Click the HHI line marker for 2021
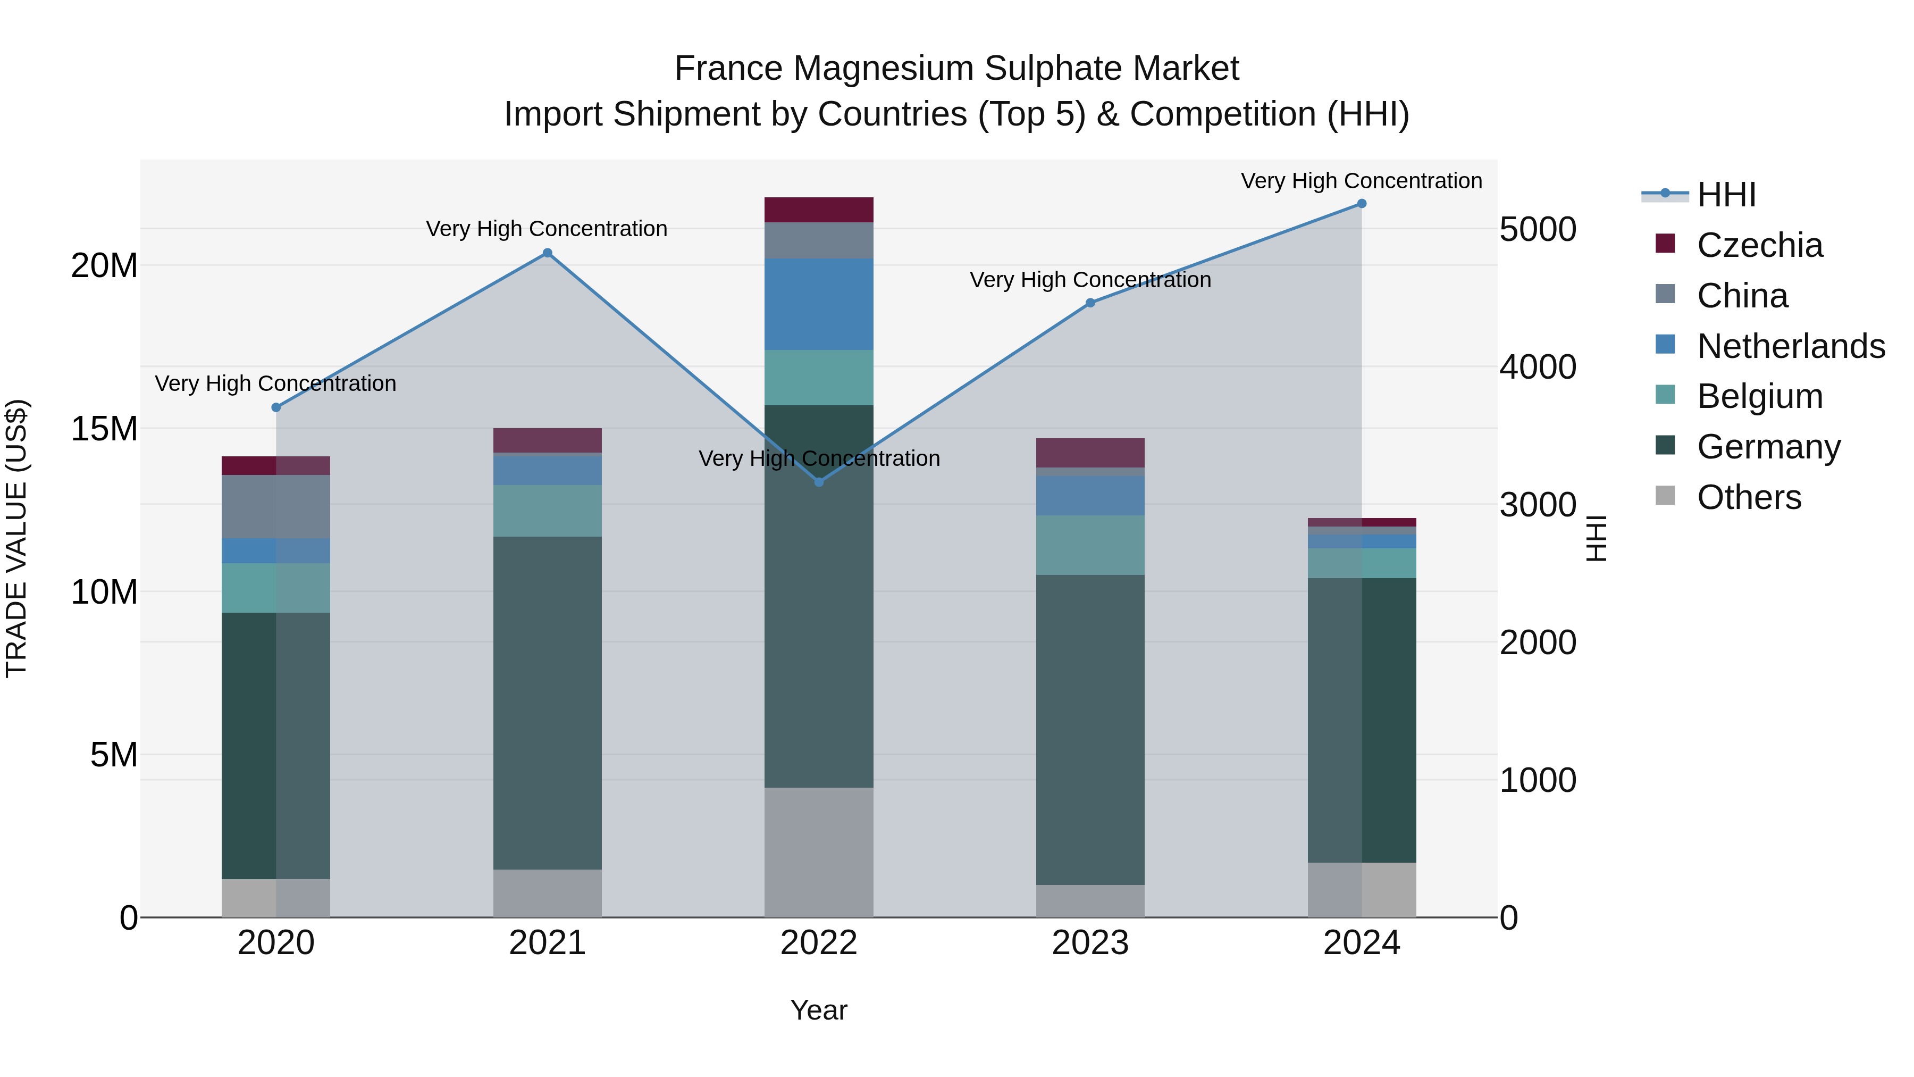548,253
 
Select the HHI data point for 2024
1361,204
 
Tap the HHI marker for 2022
819,482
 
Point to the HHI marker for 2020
276,407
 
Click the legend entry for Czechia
1759,245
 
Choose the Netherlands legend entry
1791,346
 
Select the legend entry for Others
1749,497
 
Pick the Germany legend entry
1768,447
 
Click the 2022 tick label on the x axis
819,943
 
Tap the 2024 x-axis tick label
1361,943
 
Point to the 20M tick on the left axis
104,266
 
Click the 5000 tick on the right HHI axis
1537,230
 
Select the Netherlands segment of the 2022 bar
819,304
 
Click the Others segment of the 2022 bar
819,852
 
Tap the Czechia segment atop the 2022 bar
819,210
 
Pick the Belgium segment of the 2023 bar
1090,545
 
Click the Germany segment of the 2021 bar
548,703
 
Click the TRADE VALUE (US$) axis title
16,538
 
